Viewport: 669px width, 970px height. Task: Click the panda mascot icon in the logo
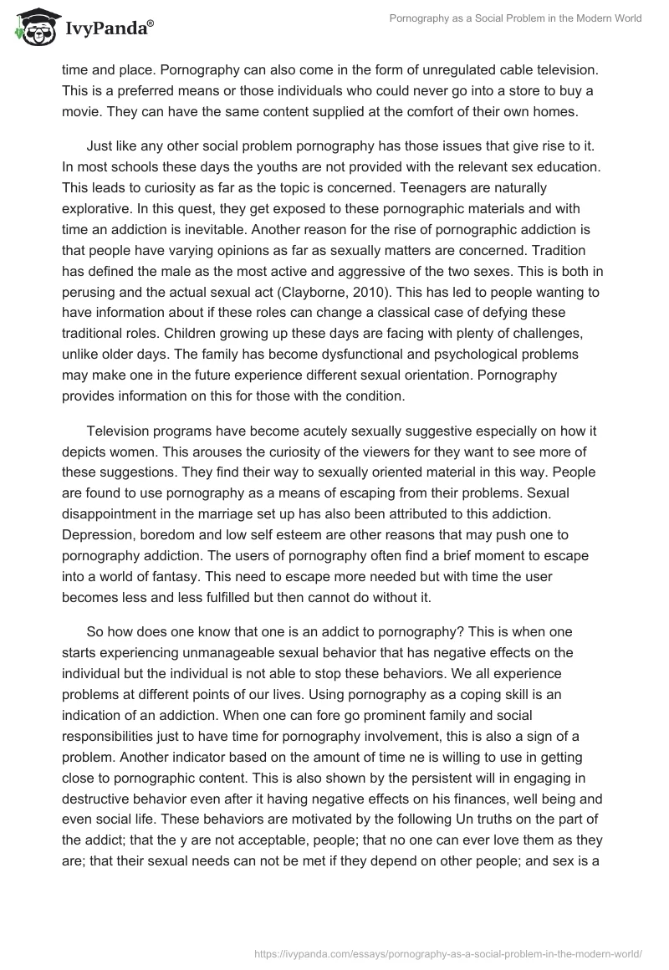(x=33, y=28)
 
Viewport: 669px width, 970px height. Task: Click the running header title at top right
(x=516, y=19)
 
